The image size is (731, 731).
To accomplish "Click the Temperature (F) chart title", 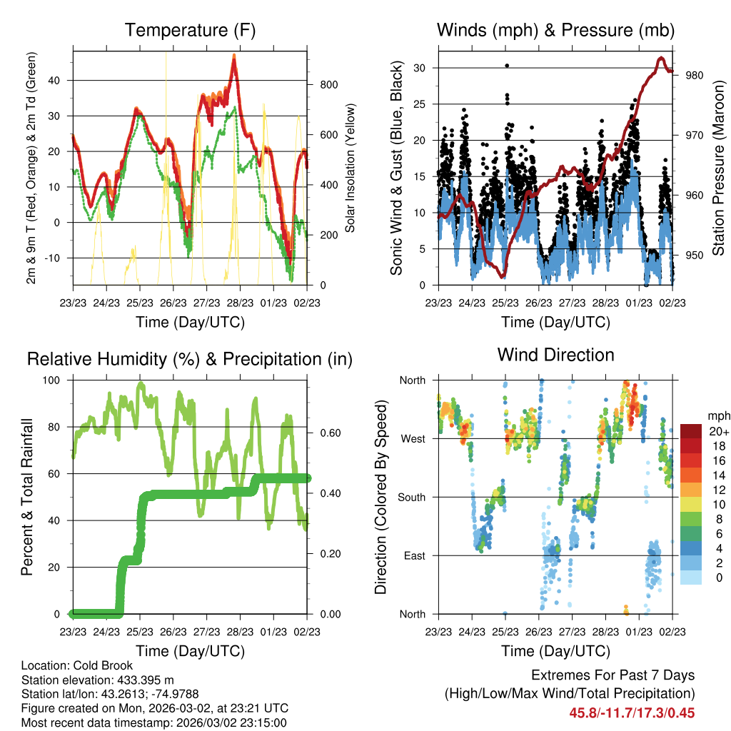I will click(189, 30).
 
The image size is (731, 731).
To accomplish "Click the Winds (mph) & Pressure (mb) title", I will click(555, 30).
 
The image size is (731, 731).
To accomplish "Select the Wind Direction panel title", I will click(555, 355).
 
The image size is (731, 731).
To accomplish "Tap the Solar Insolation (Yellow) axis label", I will click(351, 168).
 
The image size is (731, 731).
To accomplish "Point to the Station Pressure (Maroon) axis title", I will click(717, 168).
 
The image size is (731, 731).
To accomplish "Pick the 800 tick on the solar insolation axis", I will click(328, 85).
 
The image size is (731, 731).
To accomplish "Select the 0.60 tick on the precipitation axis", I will click(328, 433).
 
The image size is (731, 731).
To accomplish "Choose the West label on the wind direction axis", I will click(413, 438).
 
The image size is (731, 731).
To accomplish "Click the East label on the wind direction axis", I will click(413, 555).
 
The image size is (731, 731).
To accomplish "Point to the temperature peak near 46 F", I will click(233, 56).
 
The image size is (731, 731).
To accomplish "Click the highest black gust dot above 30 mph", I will click(507, 66).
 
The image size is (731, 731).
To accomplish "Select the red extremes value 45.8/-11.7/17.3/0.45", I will click(632, 712).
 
